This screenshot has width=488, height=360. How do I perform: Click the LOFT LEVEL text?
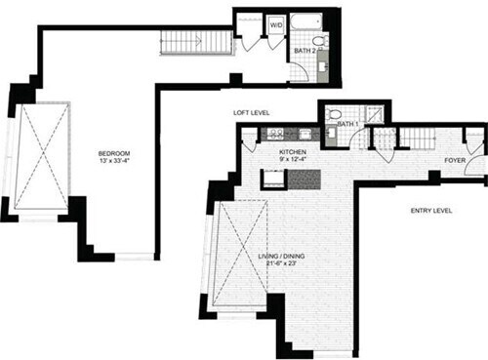pyautogui.click(x=252, y=114)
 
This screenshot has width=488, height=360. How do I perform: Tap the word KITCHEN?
pyautogui.click(x=293, y=153)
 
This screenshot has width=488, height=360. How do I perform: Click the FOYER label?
pyautogui.click(x=455, y=159)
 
